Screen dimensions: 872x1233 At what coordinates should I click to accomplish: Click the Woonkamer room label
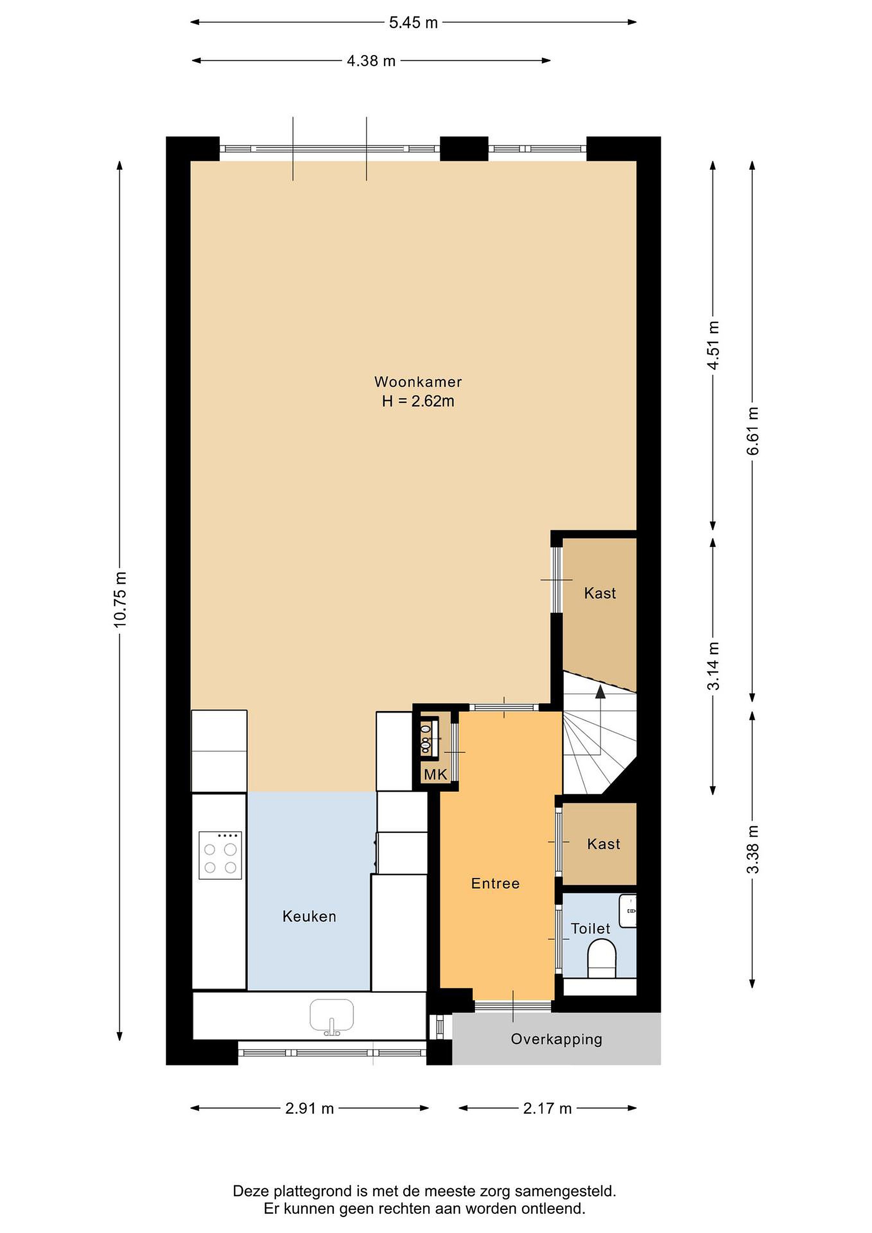pyautogui.click(x=418, y=382)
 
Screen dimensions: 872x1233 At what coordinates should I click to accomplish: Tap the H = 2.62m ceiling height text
pyautogui.click(x=418, y=401)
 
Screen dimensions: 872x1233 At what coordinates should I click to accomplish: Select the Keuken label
pyautogui.click(x=309, y=916)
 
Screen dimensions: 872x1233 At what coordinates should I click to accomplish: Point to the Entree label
pyautogui.click(x=495, y=883)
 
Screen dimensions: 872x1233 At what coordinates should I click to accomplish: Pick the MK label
pyautogui.click(x=435, y=774)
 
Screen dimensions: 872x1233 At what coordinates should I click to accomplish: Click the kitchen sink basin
pyautogui.click(x=332, y=1014)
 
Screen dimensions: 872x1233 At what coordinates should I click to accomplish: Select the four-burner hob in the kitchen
pyautogui.click(x=220, y=855)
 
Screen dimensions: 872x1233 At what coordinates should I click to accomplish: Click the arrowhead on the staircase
pyautogui.click(x=600, y=692)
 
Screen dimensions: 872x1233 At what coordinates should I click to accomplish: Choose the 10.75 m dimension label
pyautogui.click(x=120, y=600)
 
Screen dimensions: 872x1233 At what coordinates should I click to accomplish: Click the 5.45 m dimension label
pyautogui.click(x=413, y=23)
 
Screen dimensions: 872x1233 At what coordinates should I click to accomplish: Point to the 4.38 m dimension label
pyautogui.click(x=371, y=61)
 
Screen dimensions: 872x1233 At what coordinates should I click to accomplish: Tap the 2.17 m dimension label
pyautogui.click(x=547, y=1108)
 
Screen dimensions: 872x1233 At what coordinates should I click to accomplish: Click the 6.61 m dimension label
pyautogui.click(x=753, y=431)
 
